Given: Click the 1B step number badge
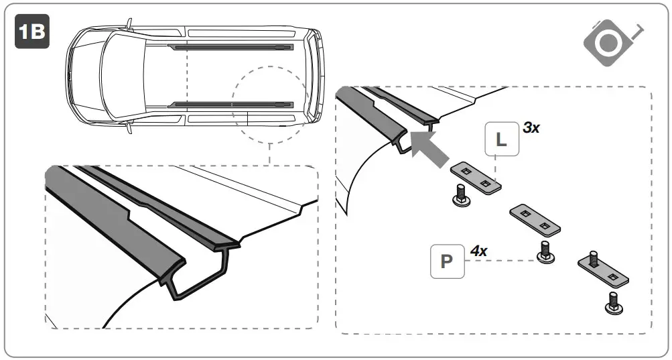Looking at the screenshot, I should [33, 34].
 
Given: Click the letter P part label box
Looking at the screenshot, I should [446, 261].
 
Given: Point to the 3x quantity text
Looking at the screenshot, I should [531, 127].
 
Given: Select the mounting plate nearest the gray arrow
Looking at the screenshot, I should [476, 177].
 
